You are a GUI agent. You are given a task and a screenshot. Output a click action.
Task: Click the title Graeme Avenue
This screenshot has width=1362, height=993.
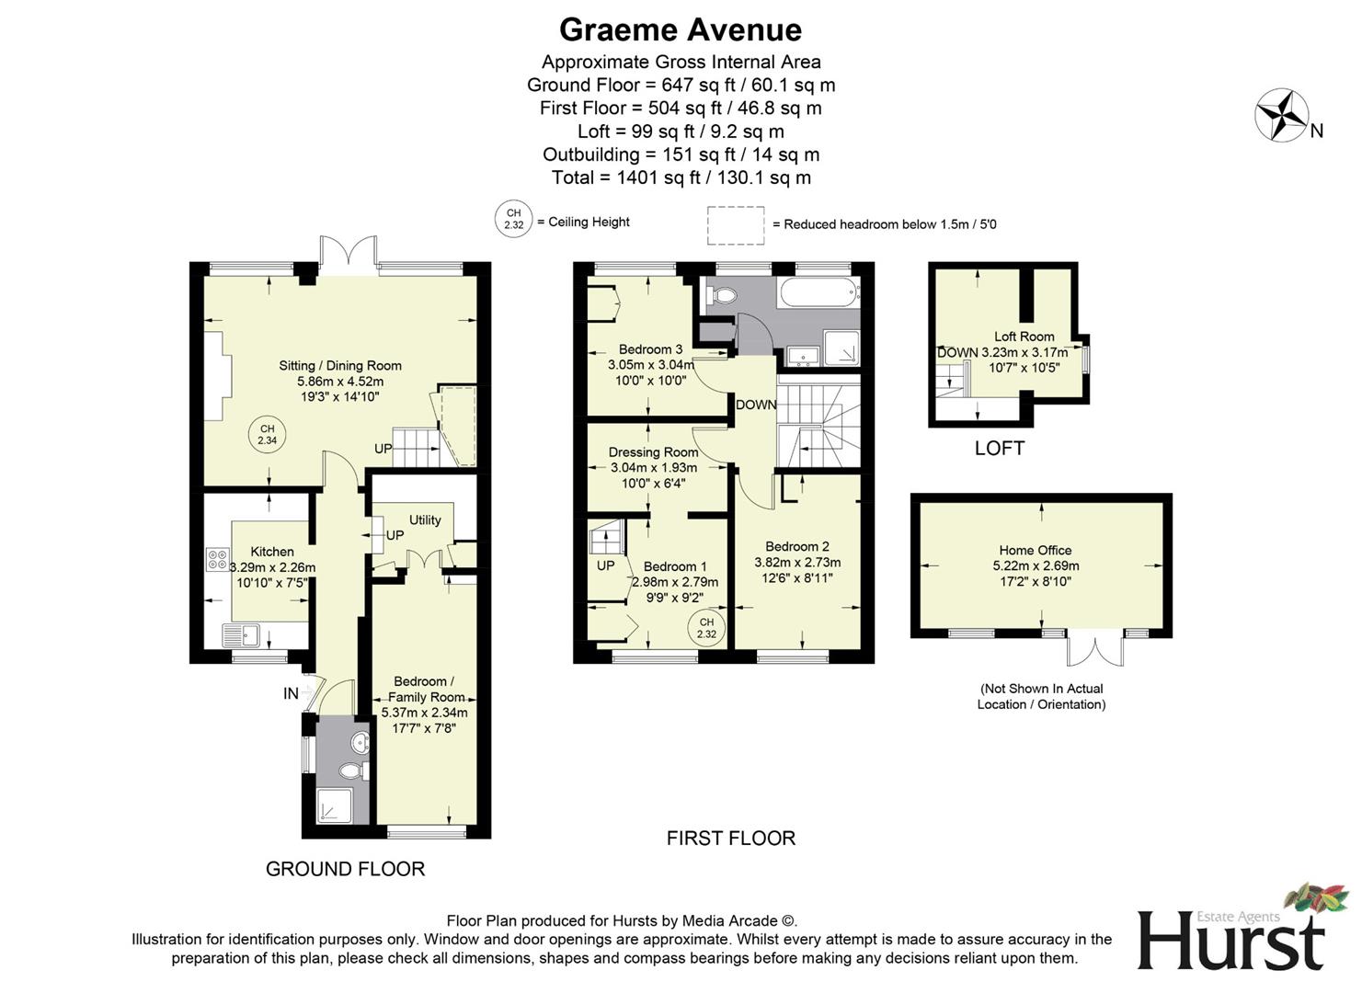680,29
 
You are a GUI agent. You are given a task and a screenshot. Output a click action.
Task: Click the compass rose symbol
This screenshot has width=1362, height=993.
1282,115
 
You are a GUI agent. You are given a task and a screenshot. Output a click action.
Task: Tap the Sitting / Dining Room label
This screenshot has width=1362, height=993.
340,365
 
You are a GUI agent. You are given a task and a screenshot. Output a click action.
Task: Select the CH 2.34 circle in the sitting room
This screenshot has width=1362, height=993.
267,435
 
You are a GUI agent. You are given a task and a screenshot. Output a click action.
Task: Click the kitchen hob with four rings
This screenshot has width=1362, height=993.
218,559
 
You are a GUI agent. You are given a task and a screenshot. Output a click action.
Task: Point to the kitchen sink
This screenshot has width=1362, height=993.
241,633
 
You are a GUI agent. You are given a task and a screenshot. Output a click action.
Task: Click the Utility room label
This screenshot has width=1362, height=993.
425,519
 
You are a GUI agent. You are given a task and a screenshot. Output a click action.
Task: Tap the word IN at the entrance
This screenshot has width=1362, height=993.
291,693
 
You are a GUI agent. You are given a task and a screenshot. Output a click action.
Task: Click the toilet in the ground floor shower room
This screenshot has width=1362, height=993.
352,770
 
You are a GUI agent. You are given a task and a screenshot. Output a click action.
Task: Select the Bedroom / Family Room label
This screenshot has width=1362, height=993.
424,689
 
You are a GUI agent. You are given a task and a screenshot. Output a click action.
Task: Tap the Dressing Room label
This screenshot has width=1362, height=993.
653,452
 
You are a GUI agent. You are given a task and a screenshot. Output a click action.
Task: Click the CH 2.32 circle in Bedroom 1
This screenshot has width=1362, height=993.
705,629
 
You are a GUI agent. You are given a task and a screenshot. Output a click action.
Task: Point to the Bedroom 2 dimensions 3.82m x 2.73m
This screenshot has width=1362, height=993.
797,562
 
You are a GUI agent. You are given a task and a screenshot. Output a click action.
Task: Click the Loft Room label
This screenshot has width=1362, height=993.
1024,337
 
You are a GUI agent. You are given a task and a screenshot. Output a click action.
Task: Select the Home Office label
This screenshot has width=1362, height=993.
1035,550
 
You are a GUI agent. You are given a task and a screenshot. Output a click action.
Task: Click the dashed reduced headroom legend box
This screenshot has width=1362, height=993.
735,225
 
